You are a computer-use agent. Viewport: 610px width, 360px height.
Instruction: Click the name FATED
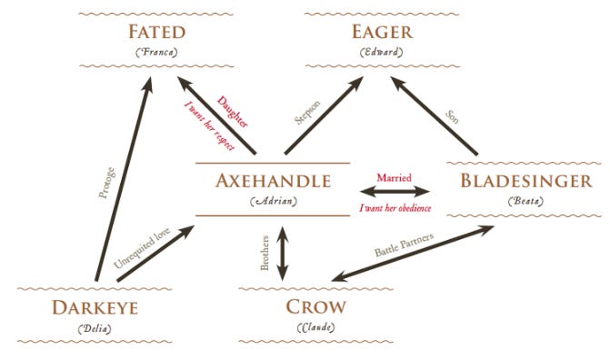pyautogui.click(x=156, y=32)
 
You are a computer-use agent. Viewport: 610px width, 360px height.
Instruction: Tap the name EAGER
pyautogui.click(x=382, y=32)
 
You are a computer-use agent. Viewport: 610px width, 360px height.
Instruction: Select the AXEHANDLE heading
pyautogui.click(x=273, y=181)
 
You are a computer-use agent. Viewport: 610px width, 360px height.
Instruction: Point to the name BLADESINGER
pyautogui.click(x=526, y=181)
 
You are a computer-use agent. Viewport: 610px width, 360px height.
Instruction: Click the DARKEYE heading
pyautogui.click(x=95, y=308)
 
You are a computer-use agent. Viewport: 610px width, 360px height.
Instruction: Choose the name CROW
pyautogui.click(x=315, y=306)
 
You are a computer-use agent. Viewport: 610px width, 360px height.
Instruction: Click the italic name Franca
pyautogui.click(x=156, y=52)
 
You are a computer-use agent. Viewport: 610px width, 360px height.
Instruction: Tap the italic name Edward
pyautogui.click(x=381, y=52)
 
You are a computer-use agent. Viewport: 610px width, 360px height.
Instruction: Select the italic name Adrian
pyautogui.click(x=274, y=201)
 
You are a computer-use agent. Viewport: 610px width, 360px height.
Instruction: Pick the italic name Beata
pyautogui.click(x=525, y=201)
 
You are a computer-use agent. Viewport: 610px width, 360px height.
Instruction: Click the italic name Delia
pyautogui.click(x=95, y=329)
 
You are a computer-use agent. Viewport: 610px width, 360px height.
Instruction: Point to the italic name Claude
pyautogui.click(x=315, y=327)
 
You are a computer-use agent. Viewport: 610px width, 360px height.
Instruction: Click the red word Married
pyautogui.click(x=394, y=178)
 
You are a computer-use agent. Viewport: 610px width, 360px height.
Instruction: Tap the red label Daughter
pyautogui.click(x=232, y=112)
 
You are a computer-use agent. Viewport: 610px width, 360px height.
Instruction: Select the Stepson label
pyautogui.click(x=307, y=113)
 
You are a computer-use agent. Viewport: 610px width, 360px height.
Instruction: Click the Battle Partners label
pyautogui.click(x=405, y=245)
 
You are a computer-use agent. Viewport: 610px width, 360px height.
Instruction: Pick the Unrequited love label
pyautogui.click(x=142, y=248)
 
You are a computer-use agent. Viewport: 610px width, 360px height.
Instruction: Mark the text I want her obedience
pyautogui.click(x=395, y=208)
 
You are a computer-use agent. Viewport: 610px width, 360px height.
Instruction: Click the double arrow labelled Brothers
pyautogui.click(x=283, y=254)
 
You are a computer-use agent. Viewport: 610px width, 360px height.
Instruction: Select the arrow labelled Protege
pyautogui.click(x=124, y=179)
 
